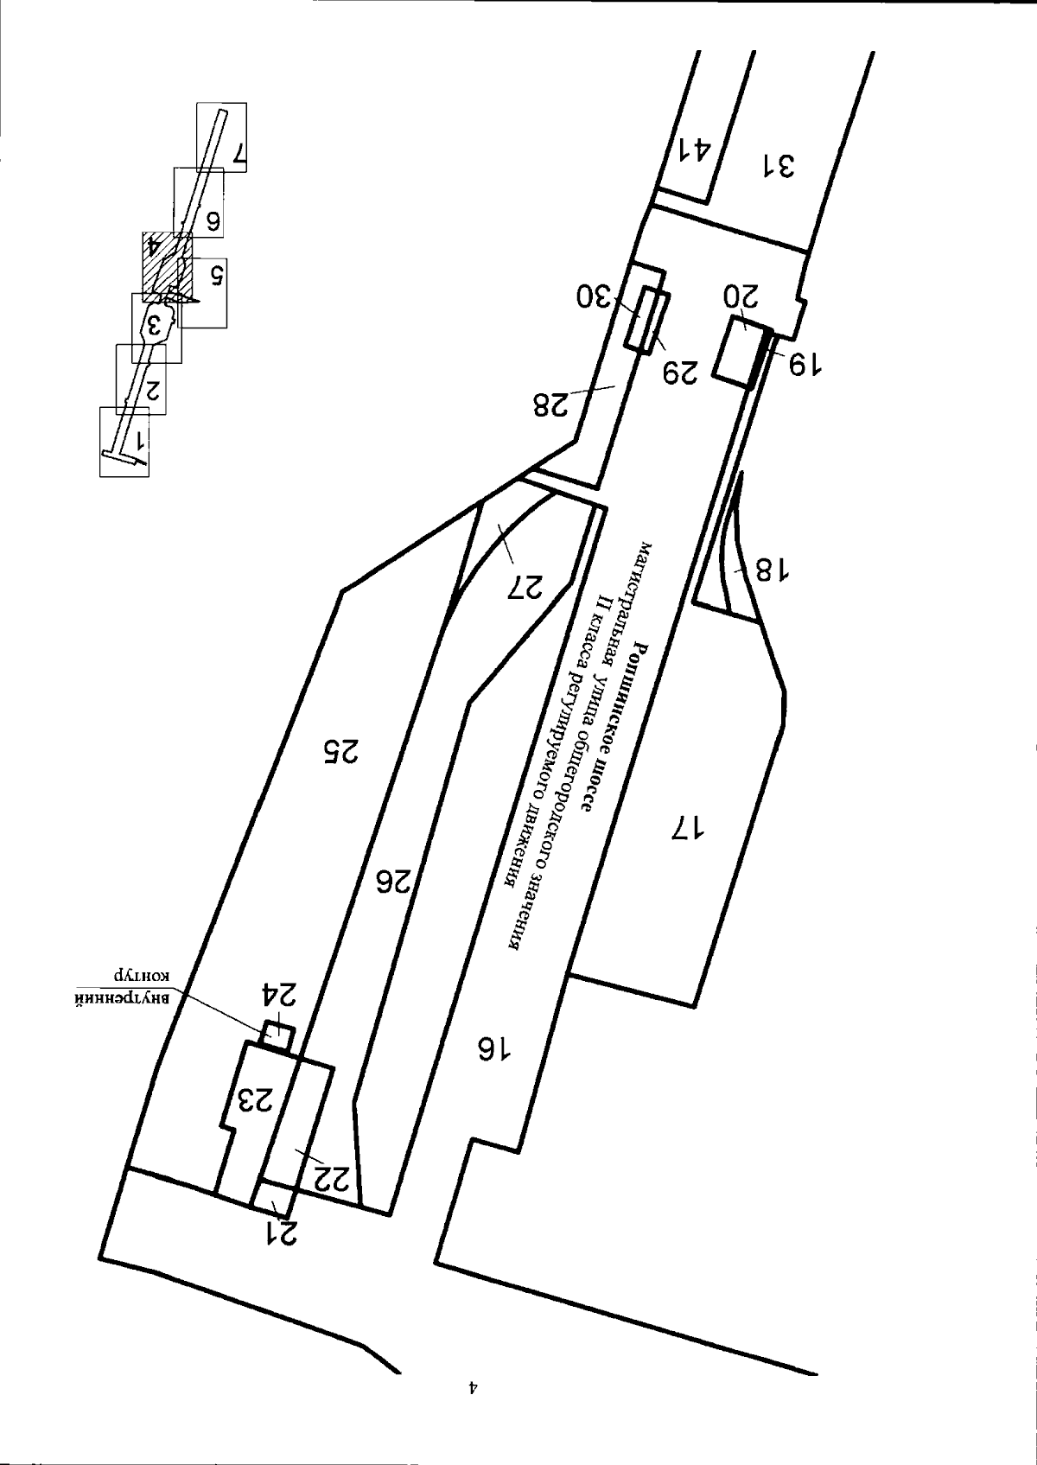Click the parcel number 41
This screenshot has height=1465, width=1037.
point(693,150)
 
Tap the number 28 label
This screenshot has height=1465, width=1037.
point(550,404)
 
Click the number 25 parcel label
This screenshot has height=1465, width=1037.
point(340,751)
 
